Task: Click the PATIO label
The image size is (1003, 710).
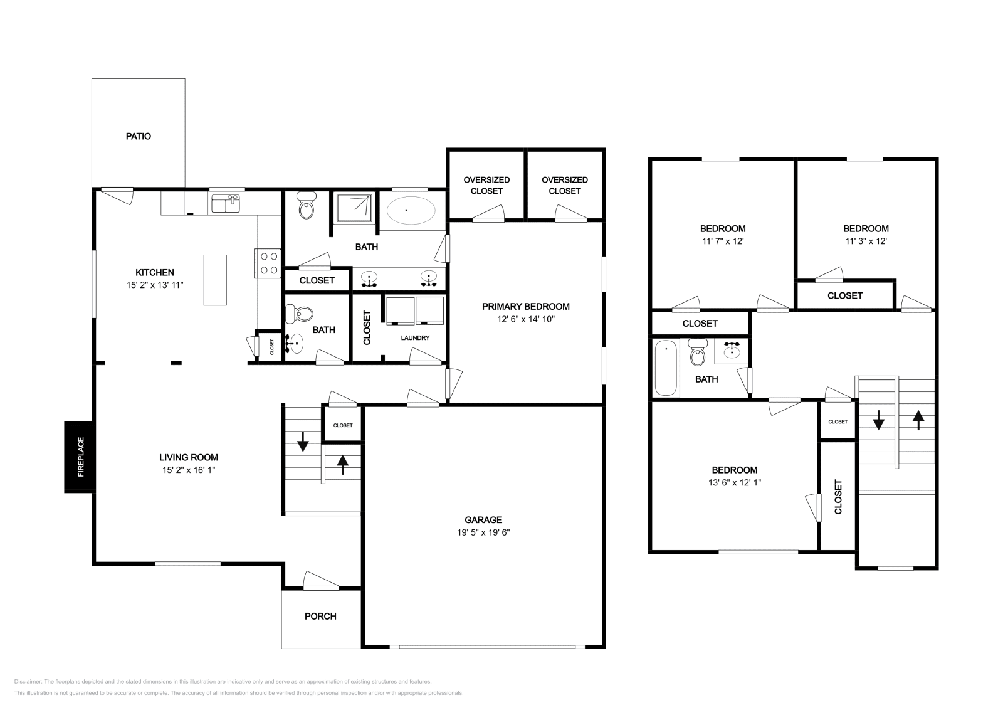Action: tap(138, 136)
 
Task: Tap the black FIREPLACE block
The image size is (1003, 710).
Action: tap(80, 457)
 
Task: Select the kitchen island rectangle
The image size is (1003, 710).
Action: tap(215, 280)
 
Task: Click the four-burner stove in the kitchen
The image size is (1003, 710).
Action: tap(269, 263)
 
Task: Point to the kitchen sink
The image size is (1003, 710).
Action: tap(226, 204)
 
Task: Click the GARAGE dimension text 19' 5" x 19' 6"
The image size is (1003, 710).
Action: tap(483, 532)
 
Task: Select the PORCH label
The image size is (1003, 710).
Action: tap(320, 617)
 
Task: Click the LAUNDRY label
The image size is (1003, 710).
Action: tap(415, 338)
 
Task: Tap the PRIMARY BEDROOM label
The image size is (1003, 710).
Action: tap(525, 307)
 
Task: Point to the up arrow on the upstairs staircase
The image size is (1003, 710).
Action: tap(918, 419)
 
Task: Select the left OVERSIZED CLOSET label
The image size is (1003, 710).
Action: tap(486, 185)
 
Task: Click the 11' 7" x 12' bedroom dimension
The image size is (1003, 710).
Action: tap(723, 241)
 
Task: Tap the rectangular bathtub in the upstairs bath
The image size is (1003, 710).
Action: tap(666, 368)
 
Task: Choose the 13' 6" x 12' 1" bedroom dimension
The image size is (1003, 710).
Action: tap(734, 483)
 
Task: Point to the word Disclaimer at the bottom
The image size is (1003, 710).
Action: tap(27, 681)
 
